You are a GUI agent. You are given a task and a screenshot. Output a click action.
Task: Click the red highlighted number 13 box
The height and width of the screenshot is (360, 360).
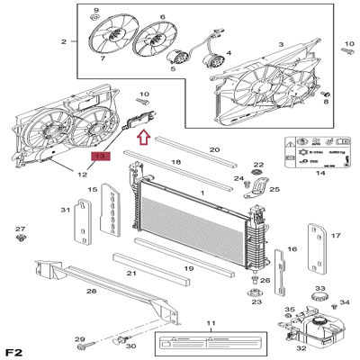tap(100, 157)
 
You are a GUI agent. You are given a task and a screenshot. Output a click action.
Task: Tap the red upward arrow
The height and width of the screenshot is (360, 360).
tap(142, 136)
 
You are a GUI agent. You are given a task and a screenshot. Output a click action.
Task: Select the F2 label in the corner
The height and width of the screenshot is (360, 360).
tap(15, 349)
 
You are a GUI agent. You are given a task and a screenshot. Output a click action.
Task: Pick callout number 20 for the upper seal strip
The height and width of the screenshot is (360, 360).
tap(213, 149)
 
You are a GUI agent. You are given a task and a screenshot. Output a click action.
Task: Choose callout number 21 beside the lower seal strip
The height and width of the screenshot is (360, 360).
tap(131, 273)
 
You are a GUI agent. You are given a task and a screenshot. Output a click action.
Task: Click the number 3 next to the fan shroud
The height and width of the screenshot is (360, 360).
tap(280, 44)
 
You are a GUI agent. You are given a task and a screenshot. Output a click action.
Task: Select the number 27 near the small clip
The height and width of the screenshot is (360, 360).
tap(20, 229)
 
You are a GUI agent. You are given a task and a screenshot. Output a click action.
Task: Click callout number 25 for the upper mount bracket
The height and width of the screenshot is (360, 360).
tap(274, 190)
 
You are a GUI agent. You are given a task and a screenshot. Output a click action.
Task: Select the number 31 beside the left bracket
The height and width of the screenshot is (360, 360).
tap(64, 210)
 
